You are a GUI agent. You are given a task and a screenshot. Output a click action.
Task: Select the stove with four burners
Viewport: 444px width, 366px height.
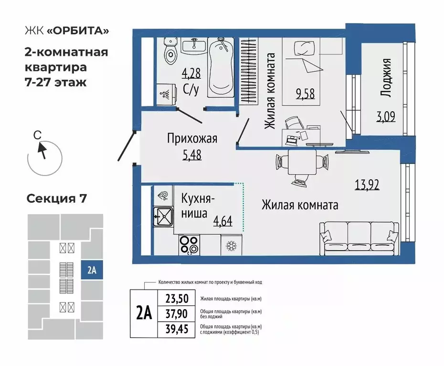(x=189, y=245)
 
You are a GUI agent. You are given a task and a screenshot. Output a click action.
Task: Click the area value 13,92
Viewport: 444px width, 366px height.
(x=367, y=184)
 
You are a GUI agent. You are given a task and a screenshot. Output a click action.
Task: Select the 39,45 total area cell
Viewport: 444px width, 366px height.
(x=177, y=329)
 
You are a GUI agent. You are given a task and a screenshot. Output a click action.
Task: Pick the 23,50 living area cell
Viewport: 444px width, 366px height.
(x=177, y=299)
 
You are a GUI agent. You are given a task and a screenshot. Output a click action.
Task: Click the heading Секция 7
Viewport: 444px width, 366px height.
(x=56, y=199)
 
